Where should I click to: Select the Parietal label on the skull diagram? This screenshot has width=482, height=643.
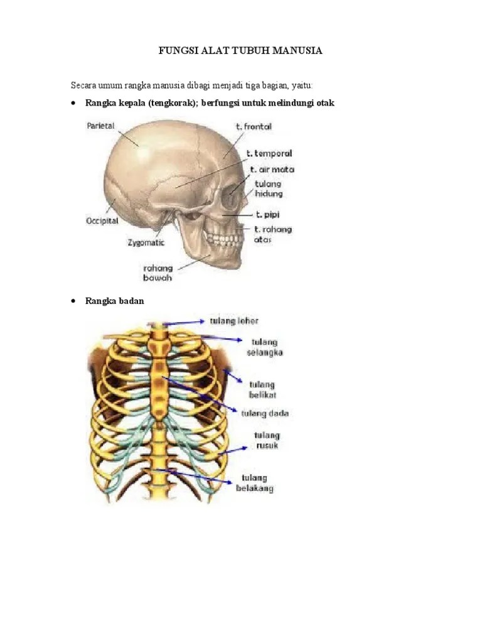click(x=100, y=126)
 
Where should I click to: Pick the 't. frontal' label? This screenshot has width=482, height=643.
click(x=254, y=126)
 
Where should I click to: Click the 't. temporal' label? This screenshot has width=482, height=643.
click(x=269, y=153)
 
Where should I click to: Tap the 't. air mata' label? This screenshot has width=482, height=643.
click(x=272, y=169)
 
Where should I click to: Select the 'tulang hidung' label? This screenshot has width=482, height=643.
click(x=269, y=189)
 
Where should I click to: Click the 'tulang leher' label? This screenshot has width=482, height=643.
click(x=234, y=320)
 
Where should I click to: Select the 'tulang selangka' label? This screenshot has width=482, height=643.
click(x=267, y=347)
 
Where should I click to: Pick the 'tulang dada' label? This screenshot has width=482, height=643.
click(x=265, y=413)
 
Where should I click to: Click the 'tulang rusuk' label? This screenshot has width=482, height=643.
click(x=267, y=440)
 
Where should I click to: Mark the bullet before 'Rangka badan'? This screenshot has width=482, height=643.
click(x=74, y=301)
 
